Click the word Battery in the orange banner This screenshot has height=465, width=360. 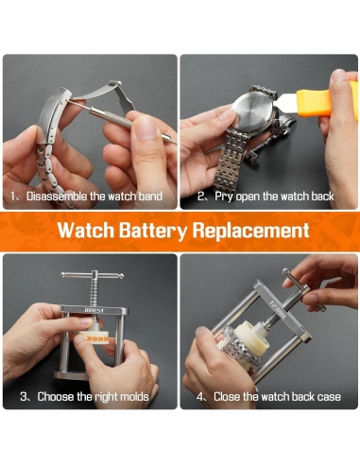click(153, 231)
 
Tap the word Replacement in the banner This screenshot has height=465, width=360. click(250, 230)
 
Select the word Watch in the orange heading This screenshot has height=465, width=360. click(86, 230)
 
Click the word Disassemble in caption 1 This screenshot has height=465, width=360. click(57, 197)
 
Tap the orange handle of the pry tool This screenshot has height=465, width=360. click(328, 100)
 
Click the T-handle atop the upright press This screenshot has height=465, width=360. click(93, 275)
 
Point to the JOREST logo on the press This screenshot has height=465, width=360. click(94, 311)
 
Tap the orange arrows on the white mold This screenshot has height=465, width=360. click(97, 339)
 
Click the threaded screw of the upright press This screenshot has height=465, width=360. click(94, 292)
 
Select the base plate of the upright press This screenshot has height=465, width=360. click(71, 375)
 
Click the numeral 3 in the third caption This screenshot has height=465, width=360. click(24, 396)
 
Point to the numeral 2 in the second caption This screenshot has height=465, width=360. click(200, 197)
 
